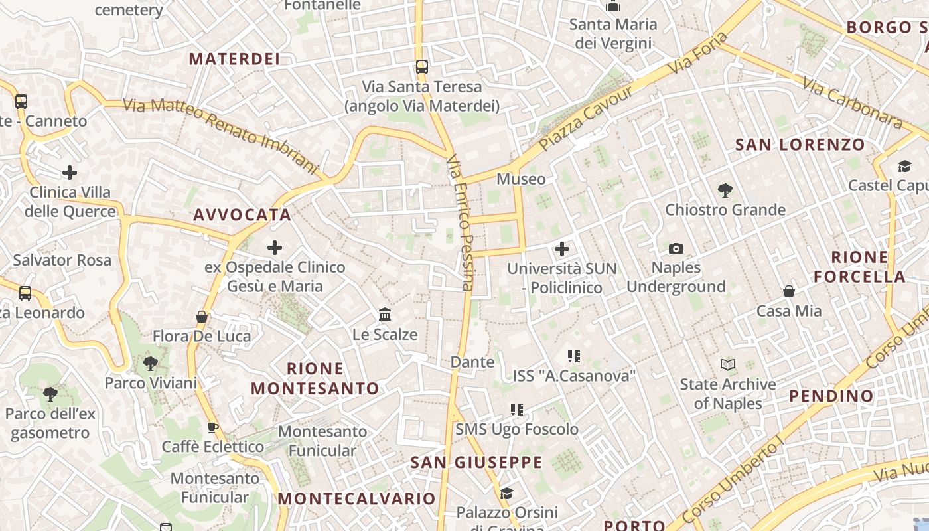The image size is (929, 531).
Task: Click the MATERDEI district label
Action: [234, 59]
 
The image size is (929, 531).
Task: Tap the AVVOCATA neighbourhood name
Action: [242, 215]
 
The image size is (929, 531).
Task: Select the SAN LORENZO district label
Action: [800, 145]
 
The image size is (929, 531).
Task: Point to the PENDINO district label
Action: [831, 396]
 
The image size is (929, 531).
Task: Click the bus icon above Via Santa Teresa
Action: [422, 66]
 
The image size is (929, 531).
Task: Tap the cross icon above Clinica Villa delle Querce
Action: [70, 173]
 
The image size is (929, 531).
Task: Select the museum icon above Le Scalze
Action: [385, 314]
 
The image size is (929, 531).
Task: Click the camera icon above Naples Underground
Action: [676, 248]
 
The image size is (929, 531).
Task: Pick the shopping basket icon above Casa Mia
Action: [789, 291]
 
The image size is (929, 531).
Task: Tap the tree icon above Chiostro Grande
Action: [725, 190]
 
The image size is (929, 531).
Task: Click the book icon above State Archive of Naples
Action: [728, 364]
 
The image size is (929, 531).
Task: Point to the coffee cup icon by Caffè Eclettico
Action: [213, 427]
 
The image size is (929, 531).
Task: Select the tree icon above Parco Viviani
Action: [151, 363]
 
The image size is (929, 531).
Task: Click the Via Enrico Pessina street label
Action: [461, 223]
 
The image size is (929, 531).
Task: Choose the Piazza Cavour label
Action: [586, 118]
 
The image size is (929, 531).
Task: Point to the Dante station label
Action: [472, 362]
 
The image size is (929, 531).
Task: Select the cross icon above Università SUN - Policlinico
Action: [562, 249]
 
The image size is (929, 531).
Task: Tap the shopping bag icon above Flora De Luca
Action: [202, 317]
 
